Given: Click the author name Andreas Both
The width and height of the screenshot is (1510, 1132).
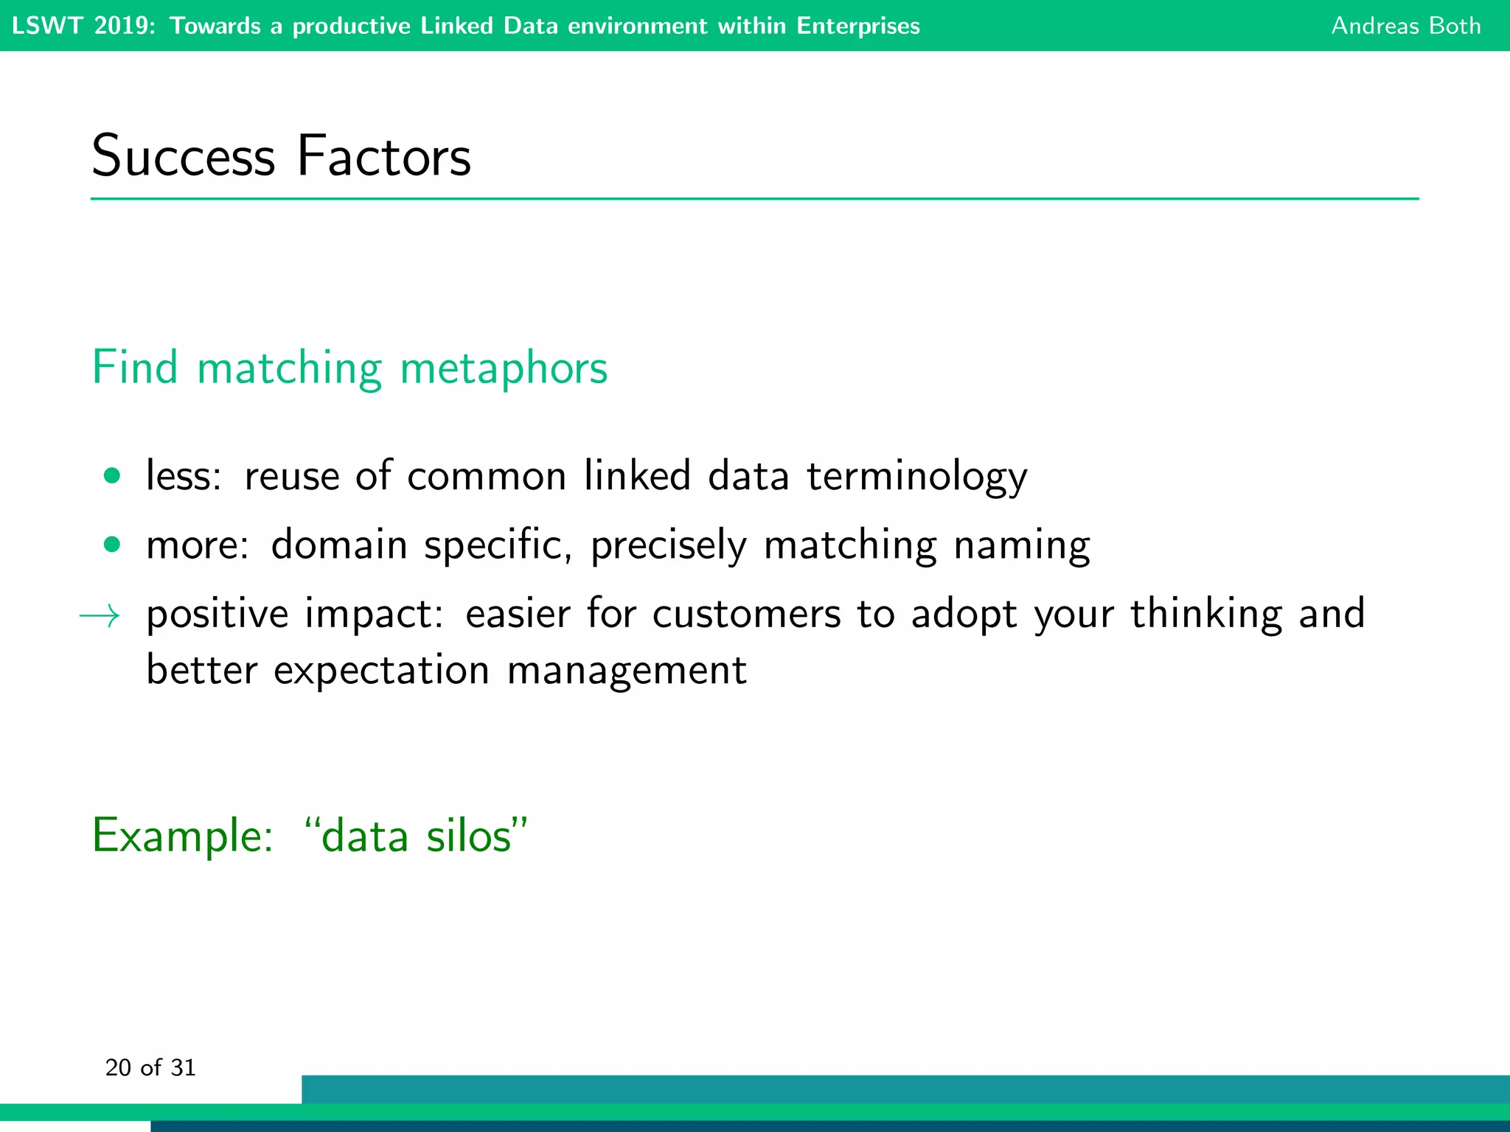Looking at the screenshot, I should pyautogui.click(x=1405, y=26).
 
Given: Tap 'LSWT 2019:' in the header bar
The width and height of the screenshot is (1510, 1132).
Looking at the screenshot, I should pyautogui.click(x=83, y=26).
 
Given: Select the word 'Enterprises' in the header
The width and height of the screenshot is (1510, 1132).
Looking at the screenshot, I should pyautogui.click(x=857, y=26).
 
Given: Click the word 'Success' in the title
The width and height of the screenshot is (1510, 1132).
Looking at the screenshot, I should pyautogui.click(x=183, y=156).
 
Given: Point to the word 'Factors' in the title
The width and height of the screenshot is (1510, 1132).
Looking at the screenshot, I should pyautogui.click(x=383, y=156).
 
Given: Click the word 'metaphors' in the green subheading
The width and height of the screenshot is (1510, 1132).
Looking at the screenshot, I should pyautogui.click(x=504, y=368).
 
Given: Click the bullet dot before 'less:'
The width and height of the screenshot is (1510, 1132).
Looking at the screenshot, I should pyautogui.click(x=112, y=476).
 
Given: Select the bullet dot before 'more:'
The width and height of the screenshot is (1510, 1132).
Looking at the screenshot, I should pyautogui.click(x=112, y=545).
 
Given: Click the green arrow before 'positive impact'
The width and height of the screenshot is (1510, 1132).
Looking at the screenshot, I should pyautogui.click(x=100, y=615).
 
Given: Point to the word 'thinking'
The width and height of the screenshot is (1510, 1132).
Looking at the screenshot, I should pyautogui.click(x=1206, y=614).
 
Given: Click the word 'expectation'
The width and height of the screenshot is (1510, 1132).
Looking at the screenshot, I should pyautogui.click(x=381, y=671).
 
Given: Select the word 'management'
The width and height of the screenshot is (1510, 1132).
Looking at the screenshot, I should pyautogui.click(x=627, y=671).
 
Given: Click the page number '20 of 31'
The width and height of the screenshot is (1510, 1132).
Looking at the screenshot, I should pyautogui.click(x=150, y=1068).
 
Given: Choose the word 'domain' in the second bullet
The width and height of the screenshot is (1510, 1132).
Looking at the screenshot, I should pyautogui.click(x=339, y=545).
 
